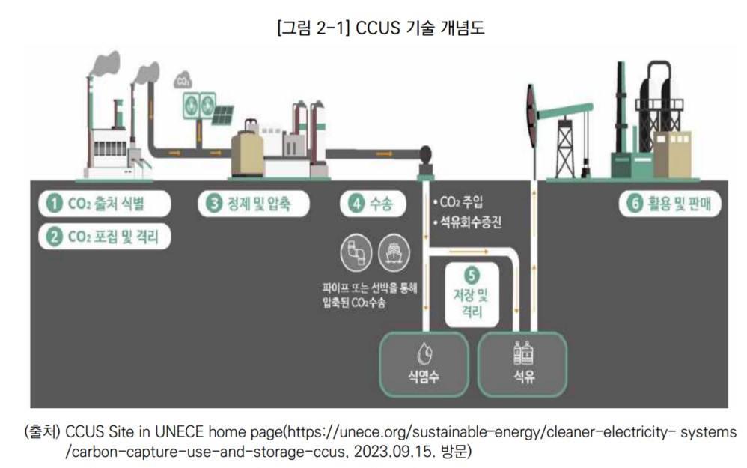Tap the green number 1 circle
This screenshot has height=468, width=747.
54,204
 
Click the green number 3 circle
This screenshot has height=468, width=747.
212,204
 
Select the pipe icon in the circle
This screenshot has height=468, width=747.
356,255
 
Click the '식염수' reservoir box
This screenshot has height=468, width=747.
424,364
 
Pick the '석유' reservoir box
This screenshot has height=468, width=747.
523,364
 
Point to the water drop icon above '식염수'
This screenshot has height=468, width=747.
424,352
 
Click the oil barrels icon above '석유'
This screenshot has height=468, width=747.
523,351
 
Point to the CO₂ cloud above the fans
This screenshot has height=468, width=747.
182,79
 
